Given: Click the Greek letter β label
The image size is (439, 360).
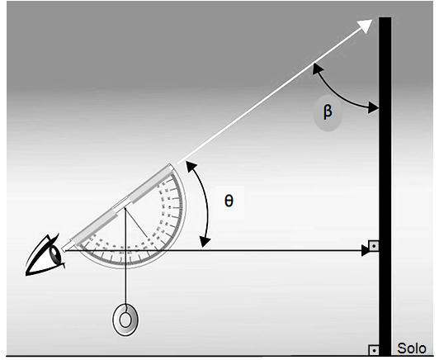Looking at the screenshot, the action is (328, 112).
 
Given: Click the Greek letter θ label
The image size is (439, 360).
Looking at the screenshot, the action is (229, 201).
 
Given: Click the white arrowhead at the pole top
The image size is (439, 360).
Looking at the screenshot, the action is (366, 26).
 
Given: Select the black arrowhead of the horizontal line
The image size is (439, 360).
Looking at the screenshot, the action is (366, 250).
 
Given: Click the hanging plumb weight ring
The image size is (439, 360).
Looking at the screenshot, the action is (125, 320).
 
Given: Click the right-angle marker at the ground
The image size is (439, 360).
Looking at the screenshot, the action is (374, 350).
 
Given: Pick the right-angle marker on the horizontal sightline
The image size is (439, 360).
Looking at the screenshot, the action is (374, 246).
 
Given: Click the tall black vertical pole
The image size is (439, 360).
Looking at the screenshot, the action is (385, 187).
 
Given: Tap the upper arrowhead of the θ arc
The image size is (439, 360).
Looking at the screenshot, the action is (191, 167).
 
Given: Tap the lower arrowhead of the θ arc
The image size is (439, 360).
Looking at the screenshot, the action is (205, 241).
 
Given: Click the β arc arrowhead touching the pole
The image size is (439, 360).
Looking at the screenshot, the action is (374, 107).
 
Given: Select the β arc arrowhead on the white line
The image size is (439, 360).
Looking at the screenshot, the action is (317, 69).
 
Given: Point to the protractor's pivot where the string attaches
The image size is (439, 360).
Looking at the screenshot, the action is (125, 208).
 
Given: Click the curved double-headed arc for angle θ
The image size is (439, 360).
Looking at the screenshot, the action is (206, 204).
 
